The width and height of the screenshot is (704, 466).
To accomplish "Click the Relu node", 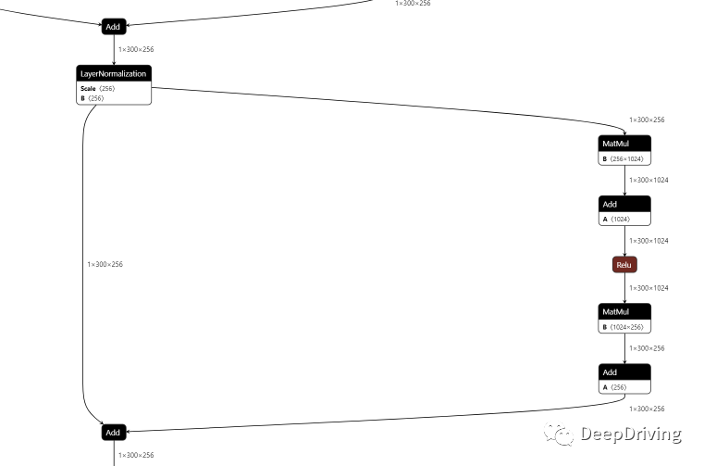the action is [x=624, y=265].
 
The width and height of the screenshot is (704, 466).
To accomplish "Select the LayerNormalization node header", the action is [x=113, y=73].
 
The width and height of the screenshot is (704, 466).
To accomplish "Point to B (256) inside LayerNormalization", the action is [x=91, y=97].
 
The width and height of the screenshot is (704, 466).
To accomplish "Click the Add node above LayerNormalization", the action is [x=113, y=27].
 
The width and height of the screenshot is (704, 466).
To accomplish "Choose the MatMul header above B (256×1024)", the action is [x=624, y=144].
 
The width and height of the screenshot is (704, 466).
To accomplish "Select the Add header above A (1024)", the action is [x=624, y=204].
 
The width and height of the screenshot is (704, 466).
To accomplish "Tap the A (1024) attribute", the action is [x=616, y=219].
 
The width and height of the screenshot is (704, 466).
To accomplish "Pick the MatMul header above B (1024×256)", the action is [x=624, y=311].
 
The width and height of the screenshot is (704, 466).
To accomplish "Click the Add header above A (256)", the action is [x=624, y=372].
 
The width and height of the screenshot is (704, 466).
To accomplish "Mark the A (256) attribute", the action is [x=614, y=387].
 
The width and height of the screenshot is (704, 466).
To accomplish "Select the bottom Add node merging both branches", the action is [x=113, y=433].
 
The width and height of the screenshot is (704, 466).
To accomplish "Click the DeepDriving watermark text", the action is [x=631, y=434].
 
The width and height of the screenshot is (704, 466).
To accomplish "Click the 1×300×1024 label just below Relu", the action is [x=648, y=288].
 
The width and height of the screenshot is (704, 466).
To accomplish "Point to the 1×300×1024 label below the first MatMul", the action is [x=648, y=181].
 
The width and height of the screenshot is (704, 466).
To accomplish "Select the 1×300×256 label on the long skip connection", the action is [x=105, y=265].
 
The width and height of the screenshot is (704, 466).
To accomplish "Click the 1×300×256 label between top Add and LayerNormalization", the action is [x=136, y=49].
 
